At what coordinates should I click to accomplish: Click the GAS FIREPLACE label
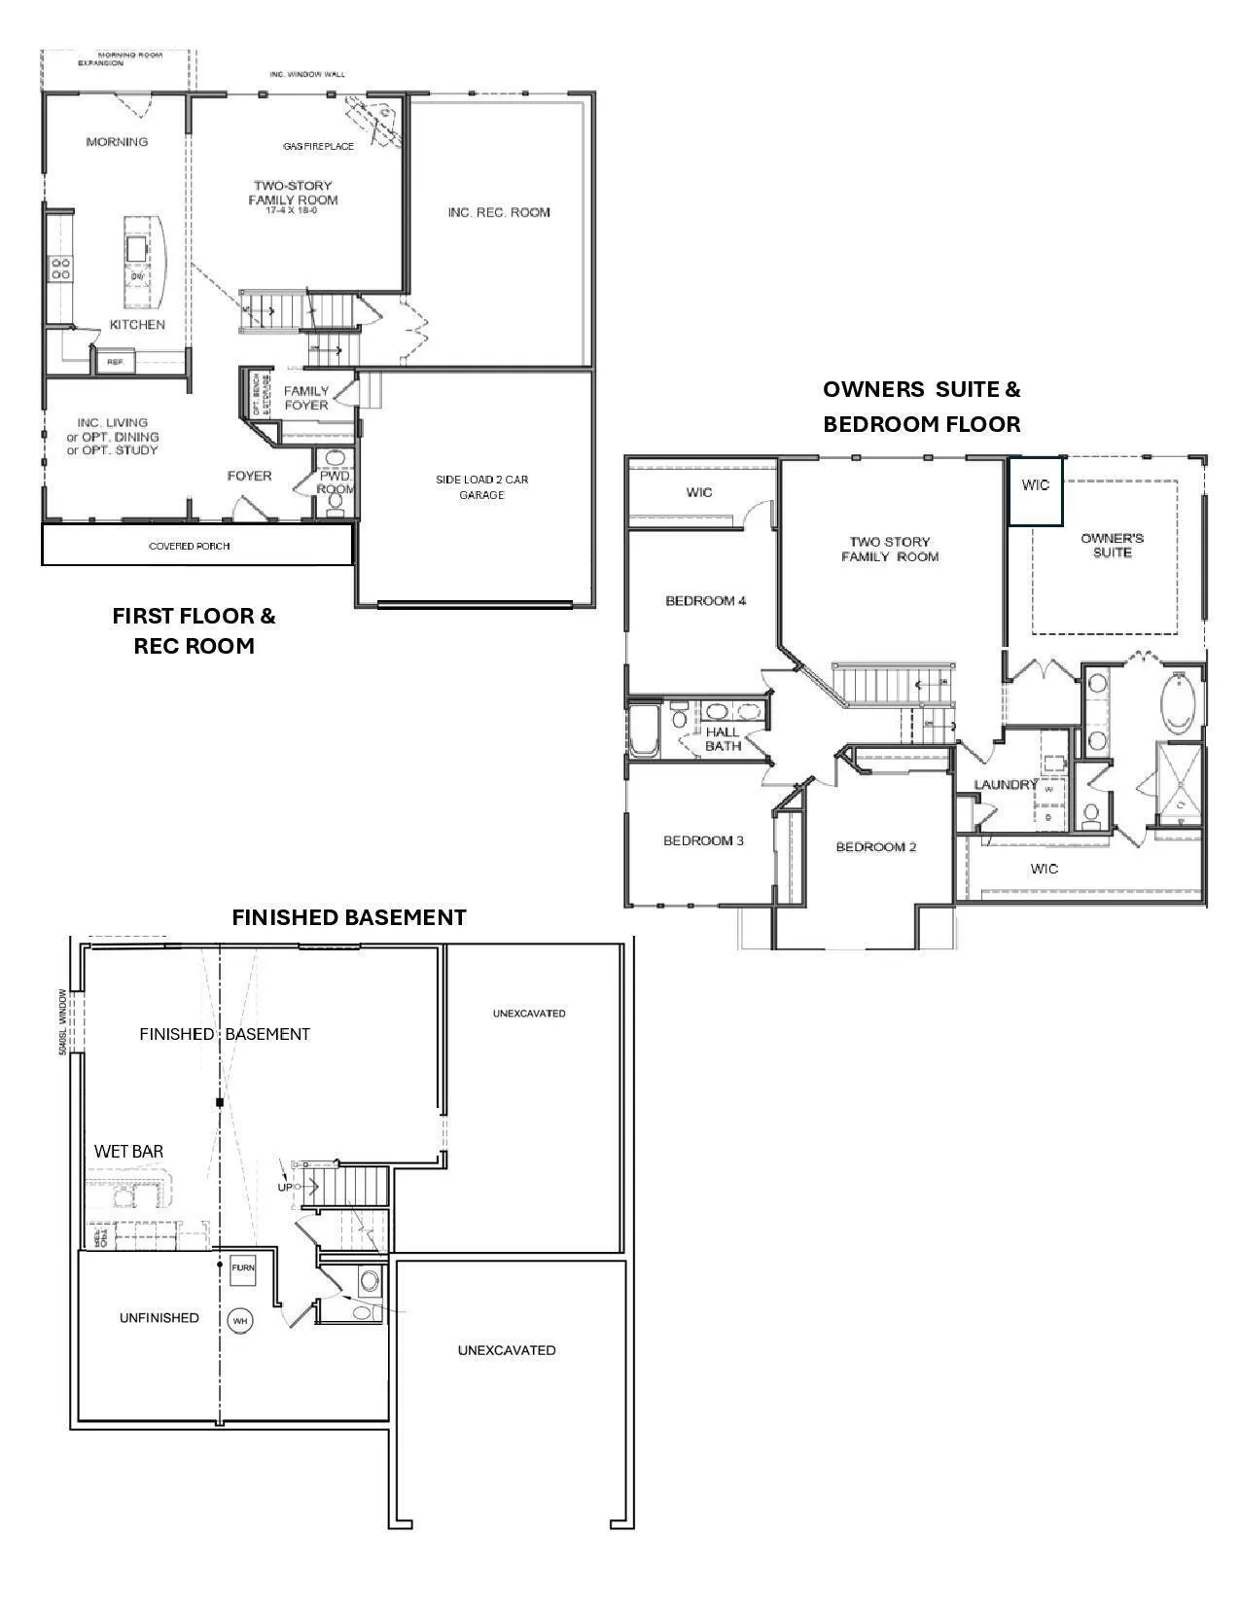pos(319,146)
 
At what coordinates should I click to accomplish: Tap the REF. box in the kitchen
pos(115,362)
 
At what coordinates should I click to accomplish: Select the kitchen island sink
pos(137,248)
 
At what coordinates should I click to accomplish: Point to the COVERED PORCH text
pos(190,546)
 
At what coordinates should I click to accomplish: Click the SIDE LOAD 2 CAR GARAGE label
pos(481,487)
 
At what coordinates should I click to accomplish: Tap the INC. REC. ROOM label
pos(499,212)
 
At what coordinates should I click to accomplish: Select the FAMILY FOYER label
pos(306,398)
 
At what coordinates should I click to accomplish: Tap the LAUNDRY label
pos(1006,785)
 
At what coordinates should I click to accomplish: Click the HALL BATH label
pos(723,739)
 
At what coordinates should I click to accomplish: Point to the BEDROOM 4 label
pos(705,601)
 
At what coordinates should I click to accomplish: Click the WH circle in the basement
pos(240,1321)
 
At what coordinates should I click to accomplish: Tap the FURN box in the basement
pos(242,1268)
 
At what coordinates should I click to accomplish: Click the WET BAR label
pos(128,1152)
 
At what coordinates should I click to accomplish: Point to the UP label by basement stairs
pos(285,1187)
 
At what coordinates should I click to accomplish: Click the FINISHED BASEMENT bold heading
pos(348,917)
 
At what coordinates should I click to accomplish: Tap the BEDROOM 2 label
pos(875,847)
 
